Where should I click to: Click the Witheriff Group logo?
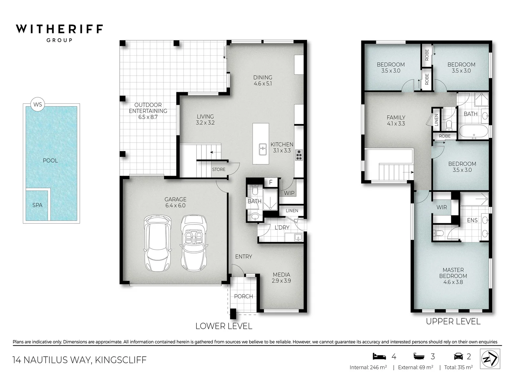tap(59, 33)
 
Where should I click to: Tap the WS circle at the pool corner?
tap(38, 104)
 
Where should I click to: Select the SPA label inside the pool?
tap(37, 205)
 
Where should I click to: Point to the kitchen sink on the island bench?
tap(263, 149)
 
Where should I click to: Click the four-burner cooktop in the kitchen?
tap(299, 155)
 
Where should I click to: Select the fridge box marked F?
tap(271, 182)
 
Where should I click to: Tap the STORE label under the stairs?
tap(219, 169)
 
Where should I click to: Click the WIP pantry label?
tap(289, 193)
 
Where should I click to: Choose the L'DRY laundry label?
tap(282, 227)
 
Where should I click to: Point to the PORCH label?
tap(243, 296)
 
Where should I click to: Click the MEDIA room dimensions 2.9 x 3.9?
tap(281, 281)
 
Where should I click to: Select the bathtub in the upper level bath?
tap(473, 131)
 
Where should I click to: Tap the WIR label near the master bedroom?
tap(441, 207)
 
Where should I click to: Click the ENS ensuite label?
tap(472, 220)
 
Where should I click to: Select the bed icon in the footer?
tap(379, 356)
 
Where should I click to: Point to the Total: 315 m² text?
tap(458, 367)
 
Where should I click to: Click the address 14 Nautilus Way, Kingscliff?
tap(79, 360)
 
